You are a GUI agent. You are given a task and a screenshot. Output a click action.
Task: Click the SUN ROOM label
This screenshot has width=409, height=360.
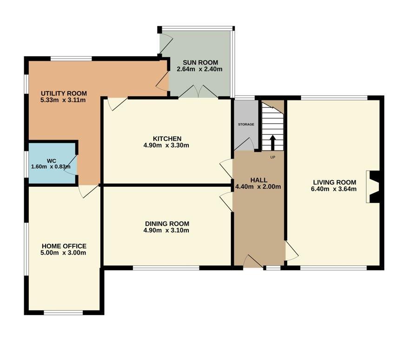point(200,63)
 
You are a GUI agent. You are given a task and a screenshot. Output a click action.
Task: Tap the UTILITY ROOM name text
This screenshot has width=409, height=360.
point(64,93)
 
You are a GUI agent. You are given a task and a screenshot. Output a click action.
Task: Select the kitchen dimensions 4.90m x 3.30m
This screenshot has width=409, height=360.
point(166,145)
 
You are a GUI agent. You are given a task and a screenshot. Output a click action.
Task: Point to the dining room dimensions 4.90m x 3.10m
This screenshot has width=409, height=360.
point(166,230)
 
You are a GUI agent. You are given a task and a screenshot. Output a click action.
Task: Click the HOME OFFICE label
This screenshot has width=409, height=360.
point(64,246)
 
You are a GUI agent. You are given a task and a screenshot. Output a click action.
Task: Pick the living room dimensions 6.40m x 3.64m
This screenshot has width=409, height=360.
point(334,189)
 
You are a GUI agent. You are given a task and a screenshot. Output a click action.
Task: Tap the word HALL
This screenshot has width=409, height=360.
point(259,180)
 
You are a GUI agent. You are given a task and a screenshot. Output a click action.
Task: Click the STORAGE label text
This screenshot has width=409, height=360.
point(246,124)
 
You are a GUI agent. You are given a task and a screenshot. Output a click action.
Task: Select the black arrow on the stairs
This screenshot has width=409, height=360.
point(272,143)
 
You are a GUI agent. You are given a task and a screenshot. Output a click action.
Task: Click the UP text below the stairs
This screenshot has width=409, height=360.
point(272,157)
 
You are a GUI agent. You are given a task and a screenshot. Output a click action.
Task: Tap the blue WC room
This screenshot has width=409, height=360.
point(53,163)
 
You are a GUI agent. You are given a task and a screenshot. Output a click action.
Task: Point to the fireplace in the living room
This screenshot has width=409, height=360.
point(373,187)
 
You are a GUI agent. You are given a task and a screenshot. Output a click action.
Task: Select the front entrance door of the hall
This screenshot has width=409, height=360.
point(253,261)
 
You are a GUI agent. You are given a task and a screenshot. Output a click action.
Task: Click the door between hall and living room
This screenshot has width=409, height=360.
point(291,250)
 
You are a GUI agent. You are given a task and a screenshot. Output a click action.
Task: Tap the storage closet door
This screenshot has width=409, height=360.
point(244,144)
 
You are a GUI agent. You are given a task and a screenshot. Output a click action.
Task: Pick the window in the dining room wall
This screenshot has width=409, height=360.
point(166,268)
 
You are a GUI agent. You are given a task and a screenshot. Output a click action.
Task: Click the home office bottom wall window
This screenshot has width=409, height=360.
point(63,313)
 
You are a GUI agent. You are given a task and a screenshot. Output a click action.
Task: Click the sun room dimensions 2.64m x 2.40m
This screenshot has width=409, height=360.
point(199,69)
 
